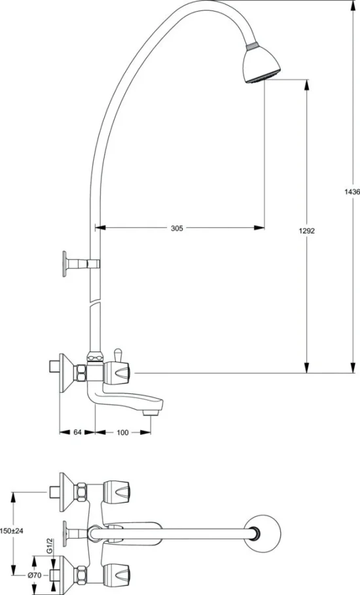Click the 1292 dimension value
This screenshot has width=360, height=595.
coord(308,230)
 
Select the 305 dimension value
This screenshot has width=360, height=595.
coord(177,228)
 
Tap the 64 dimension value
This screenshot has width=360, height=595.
coord(77,432)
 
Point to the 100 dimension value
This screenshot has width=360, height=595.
coord(123,432)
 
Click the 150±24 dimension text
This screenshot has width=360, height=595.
coord(12,532)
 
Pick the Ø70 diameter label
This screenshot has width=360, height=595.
coord(35,575)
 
